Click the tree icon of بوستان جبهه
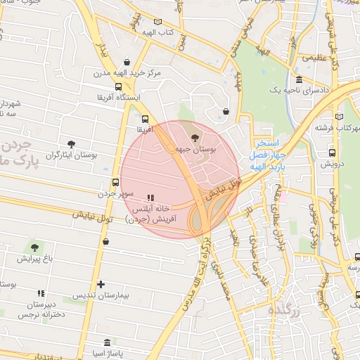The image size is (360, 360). coord(195,136)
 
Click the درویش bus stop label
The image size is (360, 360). coord(332,163)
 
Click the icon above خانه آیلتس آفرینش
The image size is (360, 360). coord(149,198)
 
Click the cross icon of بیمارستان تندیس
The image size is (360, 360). coord(101,285)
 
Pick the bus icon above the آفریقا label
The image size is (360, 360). coord(145,119)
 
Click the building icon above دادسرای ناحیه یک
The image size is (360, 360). coord(299,79)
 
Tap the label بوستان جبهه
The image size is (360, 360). coord(195,149)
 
